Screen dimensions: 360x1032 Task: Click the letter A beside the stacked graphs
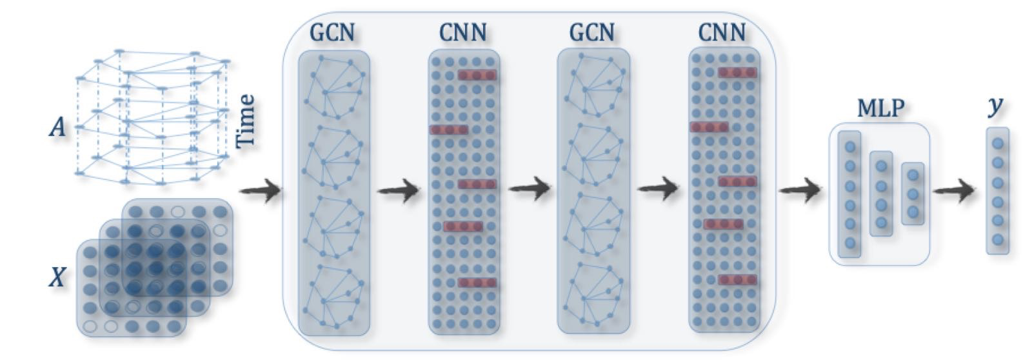coord(58,128)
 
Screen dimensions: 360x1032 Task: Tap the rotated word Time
coord(246,121)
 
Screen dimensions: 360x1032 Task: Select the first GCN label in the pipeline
coord(332,32)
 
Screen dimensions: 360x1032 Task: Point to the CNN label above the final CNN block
coord(722,32)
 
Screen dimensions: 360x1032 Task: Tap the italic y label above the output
coord(997,106)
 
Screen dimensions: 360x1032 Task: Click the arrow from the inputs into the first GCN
coord(260,191)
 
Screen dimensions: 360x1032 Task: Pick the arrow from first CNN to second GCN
coord(528,189)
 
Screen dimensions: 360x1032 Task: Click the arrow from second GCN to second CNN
coord(657,189)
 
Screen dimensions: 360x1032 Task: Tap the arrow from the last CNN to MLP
coord(800,190)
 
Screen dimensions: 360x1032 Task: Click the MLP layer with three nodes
coord(913,194)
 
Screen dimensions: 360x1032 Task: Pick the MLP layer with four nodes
coord(881,194)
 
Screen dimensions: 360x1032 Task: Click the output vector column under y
coord(997,191)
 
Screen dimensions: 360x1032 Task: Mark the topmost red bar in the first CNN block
coord(477,75)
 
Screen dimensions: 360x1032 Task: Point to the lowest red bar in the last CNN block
coord(737,279)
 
